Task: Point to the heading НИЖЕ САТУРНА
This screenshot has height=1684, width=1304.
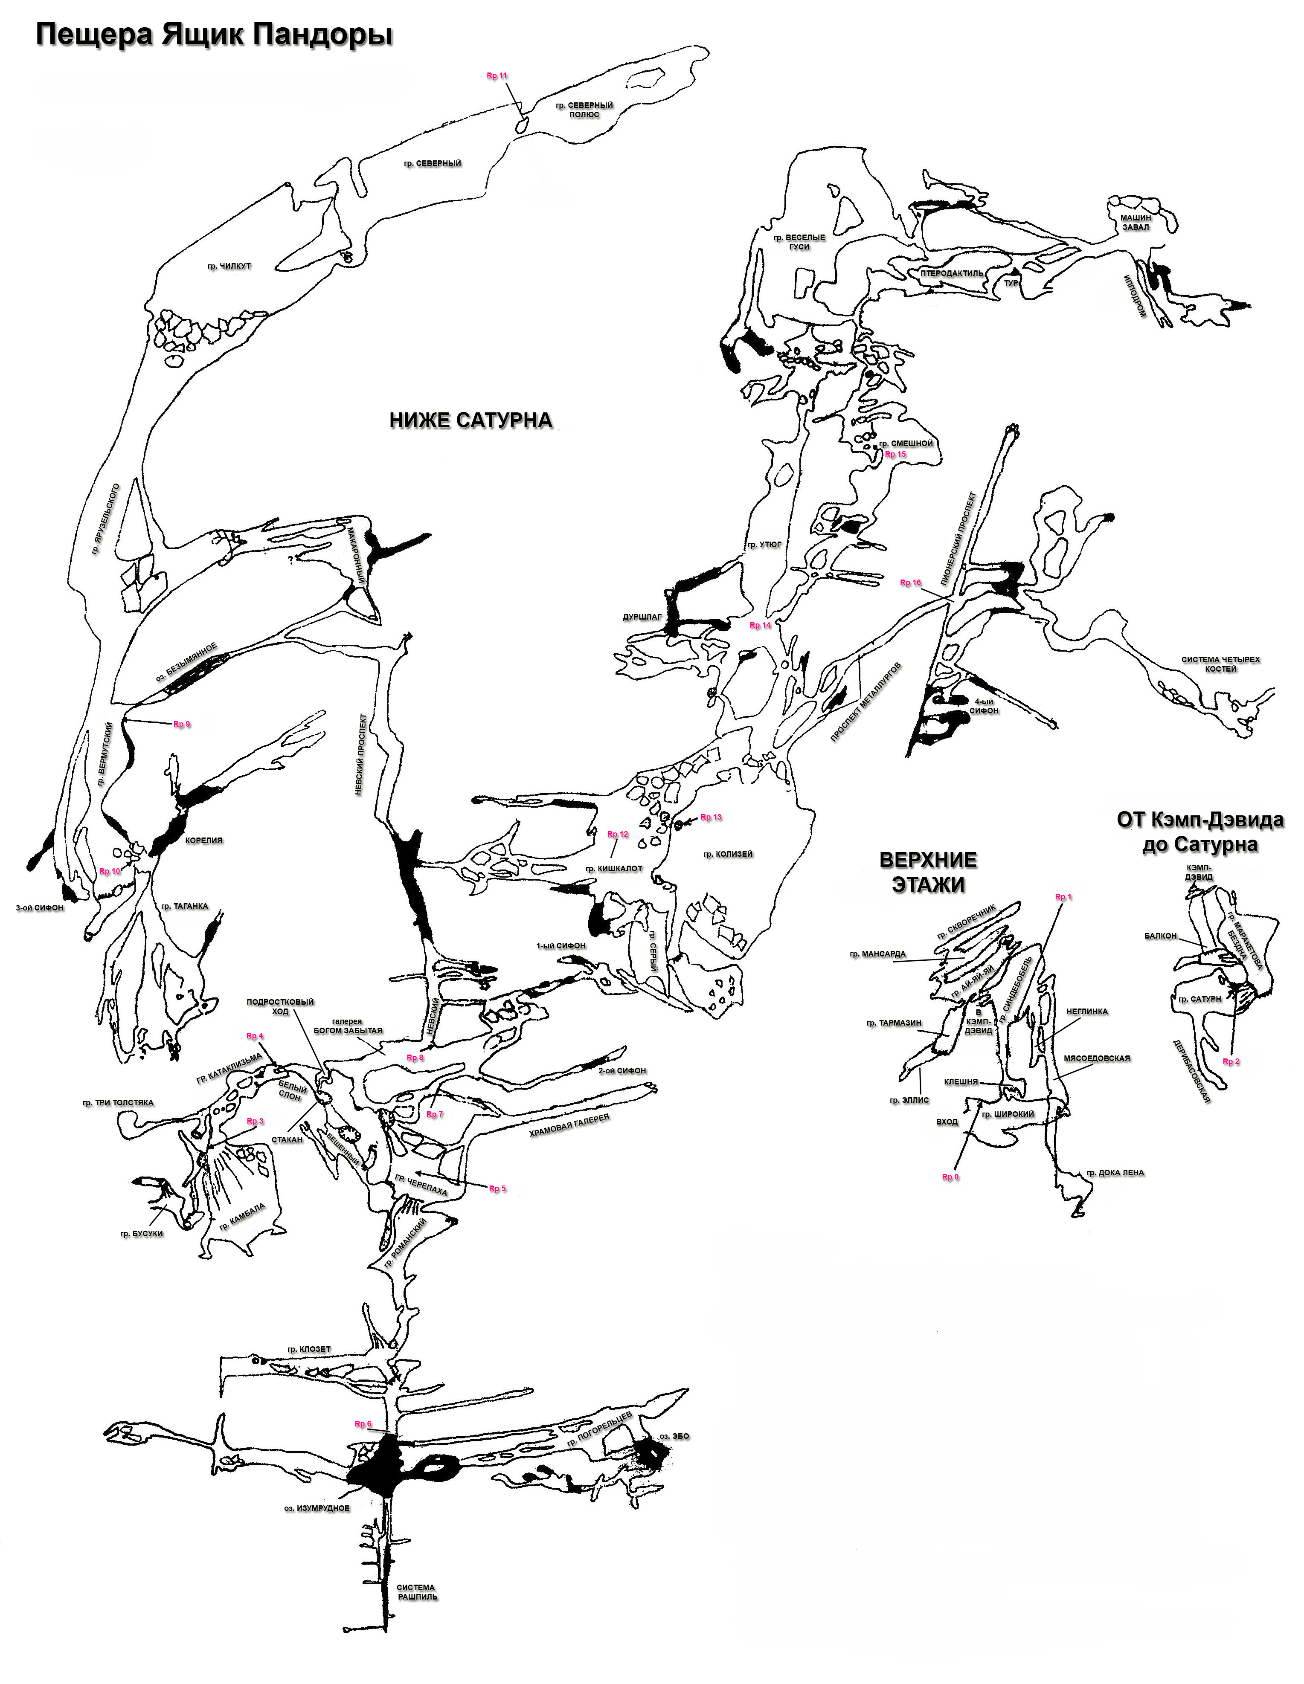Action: click(x=470, y=420)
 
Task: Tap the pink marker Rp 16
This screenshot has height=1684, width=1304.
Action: click(x=911, y=583)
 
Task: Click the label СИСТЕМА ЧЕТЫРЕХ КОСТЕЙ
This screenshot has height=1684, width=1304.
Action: click(x=1221, y=664)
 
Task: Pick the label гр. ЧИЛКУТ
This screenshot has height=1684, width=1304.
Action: click(x=229, y=267)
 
